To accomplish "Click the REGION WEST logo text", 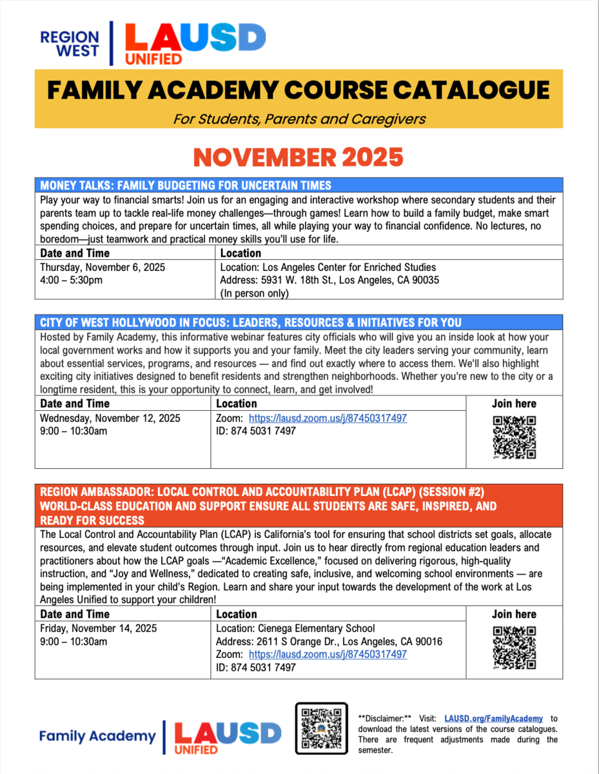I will (x=70, y=44).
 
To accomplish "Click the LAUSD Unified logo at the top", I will (x=193, y=43).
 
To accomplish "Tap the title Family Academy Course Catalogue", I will (x=299, y=90).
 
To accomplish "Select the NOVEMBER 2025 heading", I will (x=299, y=157).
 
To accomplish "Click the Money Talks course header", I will (x=186, y=186).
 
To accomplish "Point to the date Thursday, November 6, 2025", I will (x=98, y=267).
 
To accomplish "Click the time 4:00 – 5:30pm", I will (x=71, y=280).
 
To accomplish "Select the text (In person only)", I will (x=255, y=293).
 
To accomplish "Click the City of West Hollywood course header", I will (x=250, y=322).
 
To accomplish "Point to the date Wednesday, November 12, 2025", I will (x=110, y=418).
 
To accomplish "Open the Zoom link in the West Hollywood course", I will (x=328, y=418).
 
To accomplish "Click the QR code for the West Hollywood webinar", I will (x=514, y=437).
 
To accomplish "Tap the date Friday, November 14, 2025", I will (x=98, y=628).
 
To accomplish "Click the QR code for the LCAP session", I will (x=514, y=648).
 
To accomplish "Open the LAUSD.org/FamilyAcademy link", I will (x=493, y=719).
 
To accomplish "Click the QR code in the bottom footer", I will (x=321, y=728).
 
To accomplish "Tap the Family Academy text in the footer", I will (x=97, y=736).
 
